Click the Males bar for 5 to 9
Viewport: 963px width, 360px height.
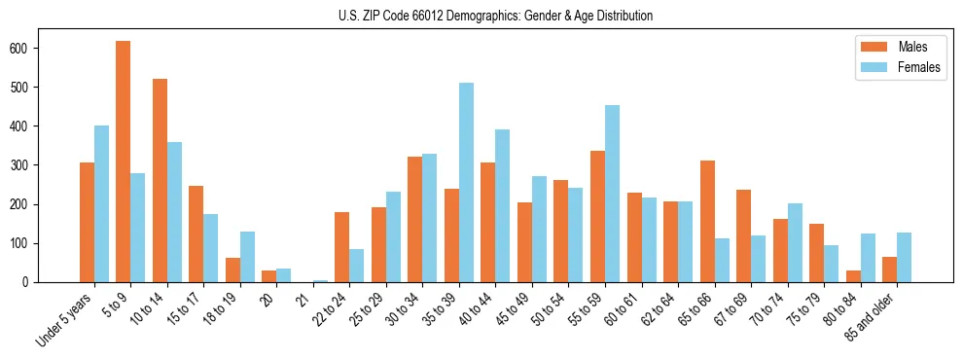coord(124,162)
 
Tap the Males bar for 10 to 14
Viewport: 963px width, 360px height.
coord(160,180)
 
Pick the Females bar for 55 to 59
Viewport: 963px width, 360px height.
coord(613,194)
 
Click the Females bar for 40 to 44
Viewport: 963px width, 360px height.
coord(503,205)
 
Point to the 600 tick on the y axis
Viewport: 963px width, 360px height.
coord(37,48)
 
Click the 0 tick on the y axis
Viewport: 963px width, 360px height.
coord(37,282)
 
